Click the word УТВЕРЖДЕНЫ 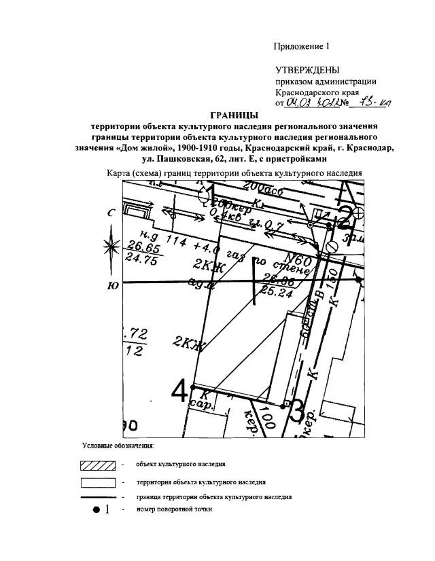pyautogui.click(x=308, y=71)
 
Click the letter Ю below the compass pyautogui.click(x=113, y=286)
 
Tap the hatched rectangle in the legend pyautogui.click(x=99, y=465)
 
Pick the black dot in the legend pyautogui.click(x=96, y=509)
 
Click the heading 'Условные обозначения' pyautogui.click(x=118, y=446)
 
